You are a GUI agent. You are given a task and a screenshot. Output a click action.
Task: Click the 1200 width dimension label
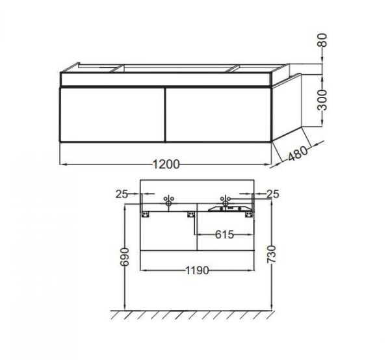(x=166, y=164)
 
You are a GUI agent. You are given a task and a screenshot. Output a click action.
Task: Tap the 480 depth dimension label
(x=298, y=153)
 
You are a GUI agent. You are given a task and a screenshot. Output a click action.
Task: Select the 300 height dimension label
(x=323, y=100)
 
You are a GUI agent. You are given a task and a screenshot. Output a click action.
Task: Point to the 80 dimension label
(x=323, y=40)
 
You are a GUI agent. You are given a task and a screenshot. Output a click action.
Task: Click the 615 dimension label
(x=224, y=234)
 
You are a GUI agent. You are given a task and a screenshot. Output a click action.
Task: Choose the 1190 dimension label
(x=198, y=270)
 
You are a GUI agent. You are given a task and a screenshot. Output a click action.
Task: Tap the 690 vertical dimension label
(x=125, y=257)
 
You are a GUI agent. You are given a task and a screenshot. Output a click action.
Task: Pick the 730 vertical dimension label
(x=272, y=254)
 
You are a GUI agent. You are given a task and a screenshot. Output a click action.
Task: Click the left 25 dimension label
(x=122, y=194)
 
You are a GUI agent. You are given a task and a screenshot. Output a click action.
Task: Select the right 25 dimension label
(x=273, y=194)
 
